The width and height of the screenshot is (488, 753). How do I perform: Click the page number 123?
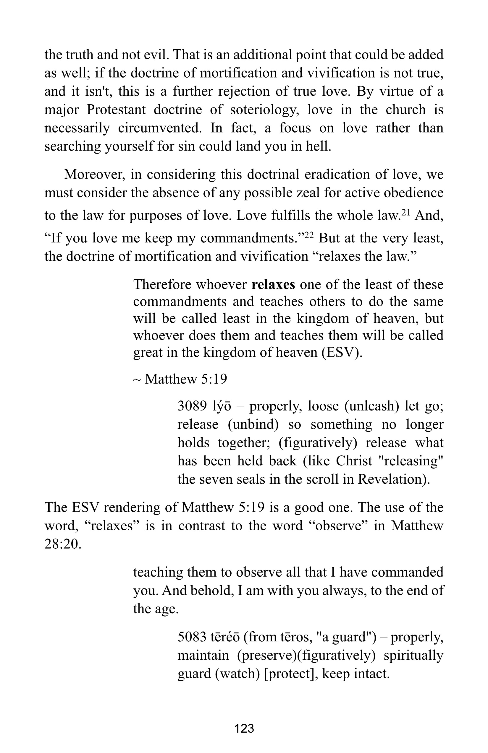[244, 728]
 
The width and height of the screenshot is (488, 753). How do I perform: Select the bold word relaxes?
[273, 284]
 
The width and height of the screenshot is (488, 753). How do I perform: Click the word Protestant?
[116, 110]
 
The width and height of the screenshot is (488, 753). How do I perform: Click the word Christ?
[354, 461]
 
